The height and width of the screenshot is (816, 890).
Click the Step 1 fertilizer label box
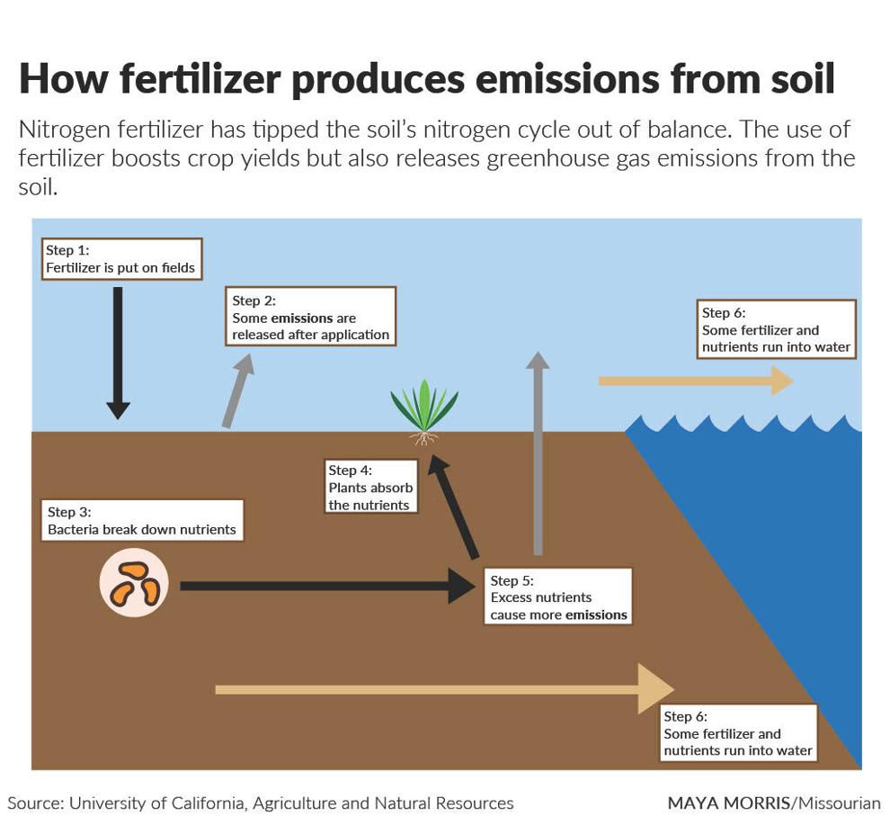click(x=121, y=259)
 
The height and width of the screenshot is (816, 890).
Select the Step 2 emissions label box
click(x=310, y=317)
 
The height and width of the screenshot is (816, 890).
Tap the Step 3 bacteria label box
click(x=142, y=520)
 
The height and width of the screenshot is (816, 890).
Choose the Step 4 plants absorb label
click(x=370, y=487)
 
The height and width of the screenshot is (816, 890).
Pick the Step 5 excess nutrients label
click(x=558, y=596)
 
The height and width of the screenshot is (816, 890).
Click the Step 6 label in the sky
click(x=776, y=329)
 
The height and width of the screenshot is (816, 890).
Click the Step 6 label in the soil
click(x=738, y=733)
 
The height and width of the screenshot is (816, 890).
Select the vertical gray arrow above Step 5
click(x=538, y=453)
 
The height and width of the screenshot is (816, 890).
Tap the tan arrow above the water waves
click(x=696, y=381)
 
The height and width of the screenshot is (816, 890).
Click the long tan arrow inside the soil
click(x=444, y=689)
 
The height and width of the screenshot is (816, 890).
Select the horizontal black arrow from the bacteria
click(x=328, y=586)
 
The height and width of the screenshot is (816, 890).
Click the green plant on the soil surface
click(x=424, y=411)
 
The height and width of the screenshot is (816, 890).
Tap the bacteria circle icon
click(x=134, y=583)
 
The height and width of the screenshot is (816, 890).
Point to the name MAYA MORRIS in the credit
click(x=729, y=803)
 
